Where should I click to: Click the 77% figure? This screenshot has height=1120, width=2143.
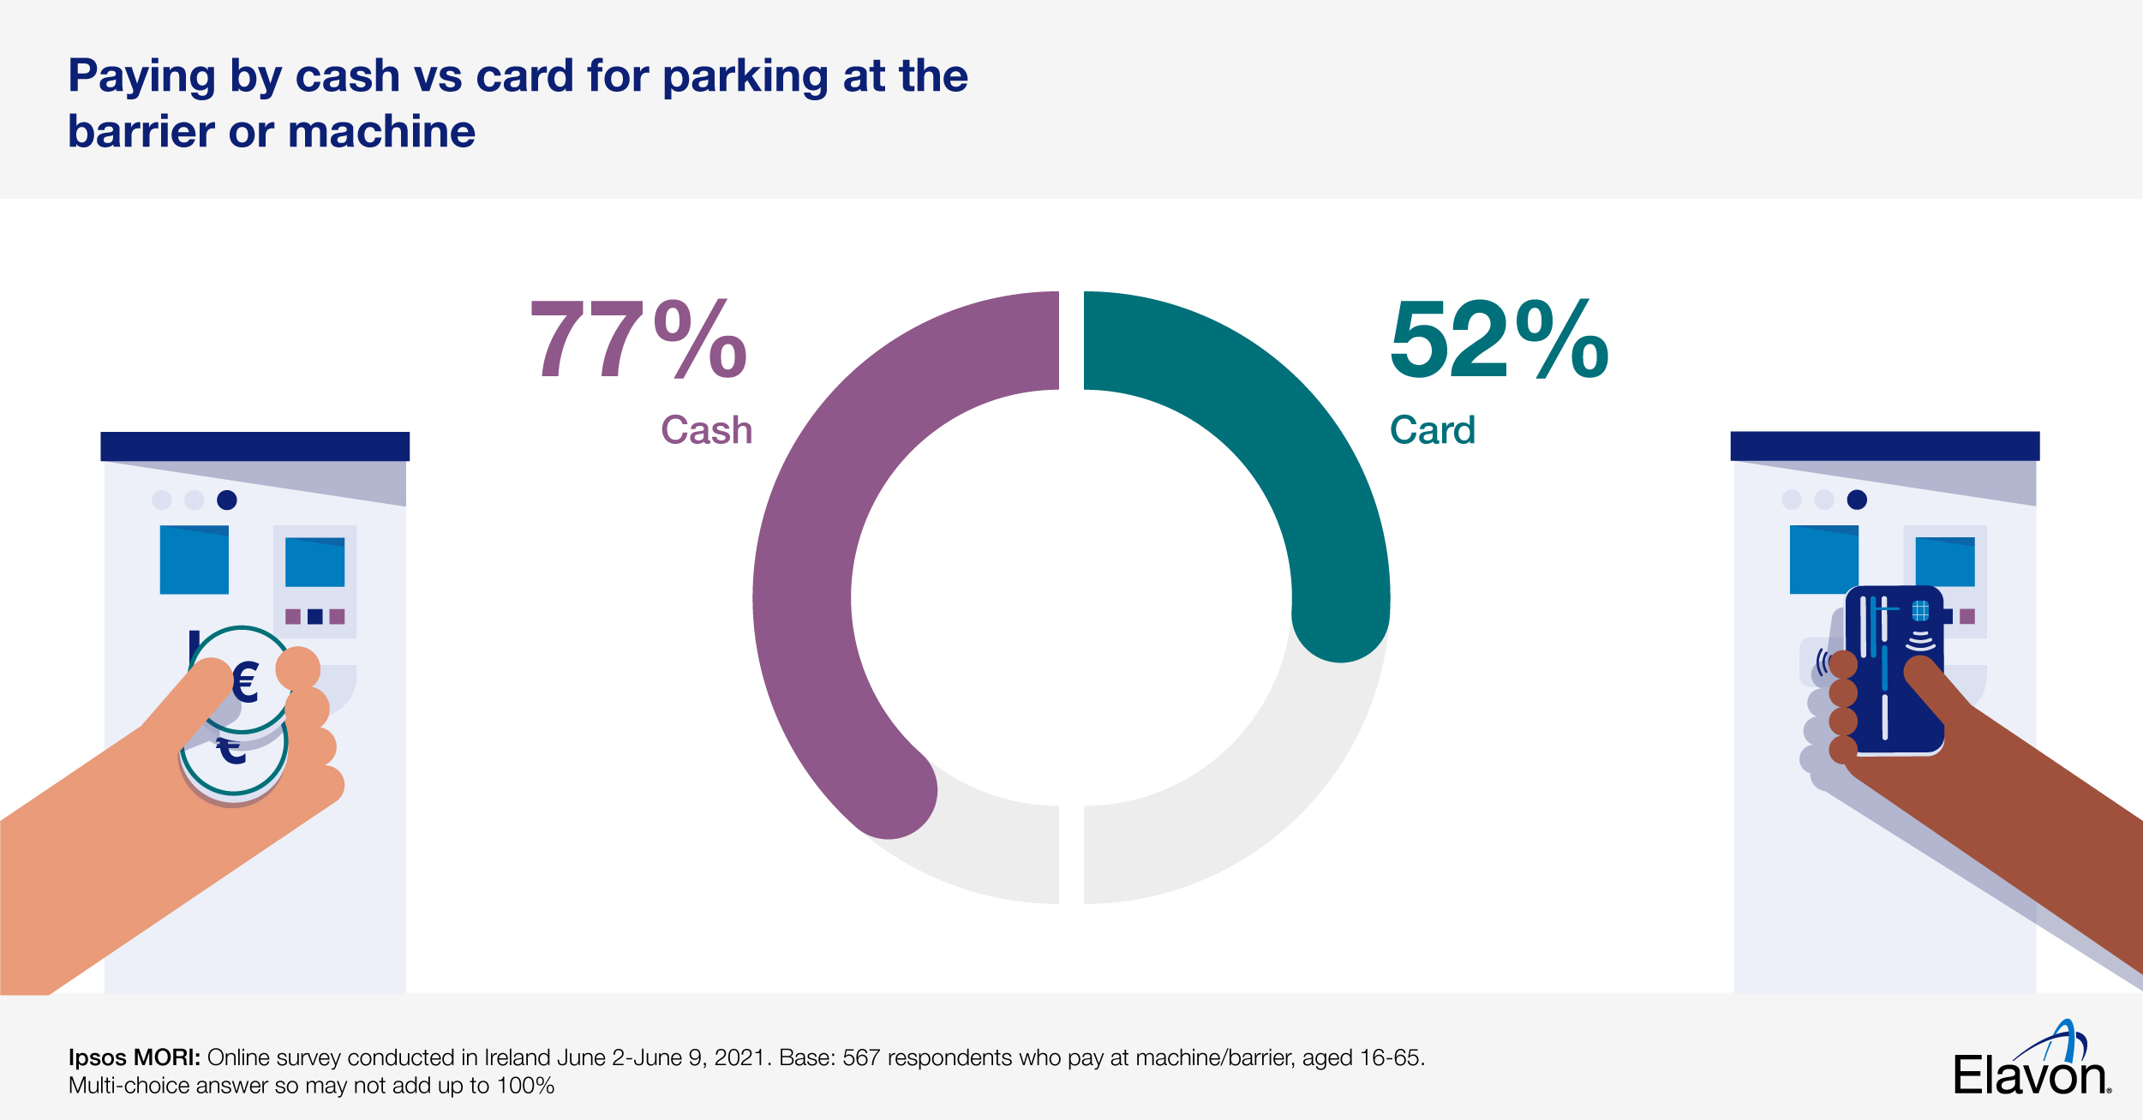pos(638,339)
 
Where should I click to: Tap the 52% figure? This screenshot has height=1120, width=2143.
pos(1499,339)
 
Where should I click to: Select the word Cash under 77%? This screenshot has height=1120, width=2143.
pos(706,430)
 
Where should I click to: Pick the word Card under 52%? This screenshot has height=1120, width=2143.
pos(1432,430)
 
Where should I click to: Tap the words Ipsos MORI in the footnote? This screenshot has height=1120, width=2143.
pos(134,1057)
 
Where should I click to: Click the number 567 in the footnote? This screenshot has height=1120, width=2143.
pos(861,1057)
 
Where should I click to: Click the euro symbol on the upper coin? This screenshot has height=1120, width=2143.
pos(246,683)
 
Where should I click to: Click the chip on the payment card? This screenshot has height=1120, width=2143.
pos(1920,610)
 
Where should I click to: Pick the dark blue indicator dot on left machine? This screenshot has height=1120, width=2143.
pos(227,500)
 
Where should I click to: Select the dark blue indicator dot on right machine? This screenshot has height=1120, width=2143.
pos(1857,500)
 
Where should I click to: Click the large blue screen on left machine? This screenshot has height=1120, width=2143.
pos(195,560)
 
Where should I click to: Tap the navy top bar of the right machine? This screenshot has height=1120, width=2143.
pos(1885,446)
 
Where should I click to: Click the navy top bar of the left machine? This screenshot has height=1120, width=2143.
pos(254,446)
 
